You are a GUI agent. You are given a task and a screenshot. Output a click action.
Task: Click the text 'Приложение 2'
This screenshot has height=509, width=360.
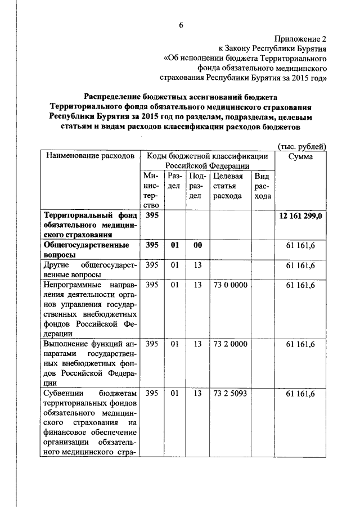(300, 39)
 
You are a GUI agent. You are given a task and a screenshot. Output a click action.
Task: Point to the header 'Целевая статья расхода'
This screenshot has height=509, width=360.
(228, 186)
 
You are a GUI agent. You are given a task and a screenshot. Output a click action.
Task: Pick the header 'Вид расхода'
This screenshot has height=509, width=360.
(263, 186)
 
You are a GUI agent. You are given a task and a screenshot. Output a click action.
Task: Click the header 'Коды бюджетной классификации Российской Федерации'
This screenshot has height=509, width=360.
(208, 160)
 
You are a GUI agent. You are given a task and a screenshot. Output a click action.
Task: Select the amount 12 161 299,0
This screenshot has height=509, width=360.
(301, 216)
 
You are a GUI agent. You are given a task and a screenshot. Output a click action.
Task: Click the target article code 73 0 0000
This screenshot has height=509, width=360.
(230, 285)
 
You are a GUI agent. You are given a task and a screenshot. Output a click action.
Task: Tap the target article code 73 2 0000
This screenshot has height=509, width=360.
(230, 344)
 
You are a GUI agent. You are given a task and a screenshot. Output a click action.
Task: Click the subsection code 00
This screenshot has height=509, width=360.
(197, 245)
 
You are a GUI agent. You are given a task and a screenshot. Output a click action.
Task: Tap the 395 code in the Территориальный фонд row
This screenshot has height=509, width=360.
(151, 216)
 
